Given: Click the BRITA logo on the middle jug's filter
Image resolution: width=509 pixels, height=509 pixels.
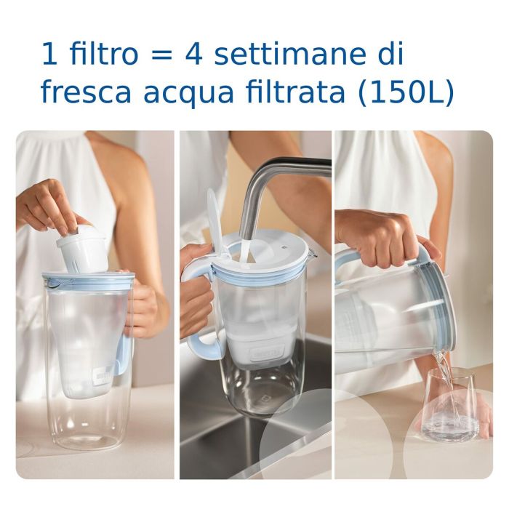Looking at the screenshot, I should point(262,353).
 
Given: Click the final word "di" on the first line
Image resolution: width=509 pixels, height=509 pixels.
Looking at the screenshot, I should point(385,55).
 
